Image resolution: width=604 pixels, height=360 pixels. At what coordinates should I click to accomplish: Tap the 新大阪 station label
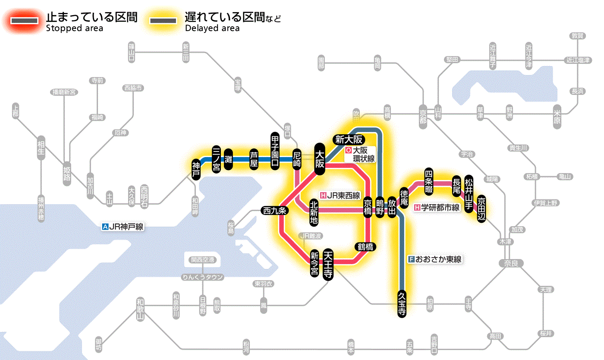[x=349, y=139]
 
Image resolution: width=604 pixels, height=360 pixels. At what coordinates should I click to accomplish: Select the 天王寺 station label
[x=328, y=265]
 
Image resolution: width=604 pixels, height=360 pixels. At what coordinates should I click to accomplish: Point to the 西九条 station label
[x=275, y=211]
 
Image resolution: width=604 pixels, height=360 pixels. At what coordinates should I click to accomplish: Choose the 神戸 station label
[x=196, y=169]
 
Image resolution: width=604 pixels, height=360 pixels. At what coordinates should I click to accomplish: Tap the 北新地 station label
[x=314, y=213]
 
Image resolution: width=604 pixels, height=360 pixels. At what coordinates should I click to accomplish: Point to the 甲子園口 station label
[x=275, y=151]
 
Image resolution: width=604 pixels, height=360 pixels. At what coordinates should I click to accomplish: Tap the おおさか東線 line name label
[x=435, y=259]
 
